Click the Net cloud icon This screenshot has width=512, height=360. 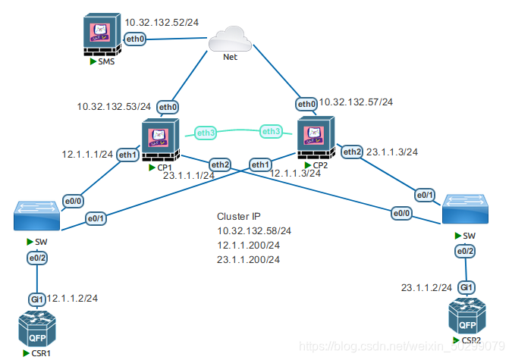click(x=231, y=41)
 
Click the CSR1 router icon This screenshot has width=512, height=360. click(x=37, y=330)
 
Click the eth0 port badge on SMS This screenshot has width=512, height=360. click(x=134, y=39)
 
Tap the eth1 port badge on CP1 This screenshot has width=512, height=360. click(x=127, y=155)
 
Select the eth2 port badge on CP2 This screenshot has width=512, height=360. click(x=352, y=152)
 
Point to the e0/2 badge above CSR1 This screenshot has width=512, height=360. click(x=37, y=258)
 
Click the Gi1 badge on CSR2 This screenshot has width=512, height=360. click(x=466, y=288)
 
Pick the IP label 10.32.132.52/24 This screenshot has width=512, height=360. click(x=162, y=23)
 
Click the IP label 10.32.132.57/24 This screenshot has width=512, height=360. click(x=356, y=102)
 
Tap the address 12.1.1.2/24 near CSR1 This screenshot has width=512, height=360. click(x=73, y=299)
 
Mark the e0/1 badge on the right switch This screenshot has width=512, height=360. click(x=424, y=195)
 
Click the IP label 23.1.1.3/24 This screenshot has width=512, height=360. click(x=392, y=152)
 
